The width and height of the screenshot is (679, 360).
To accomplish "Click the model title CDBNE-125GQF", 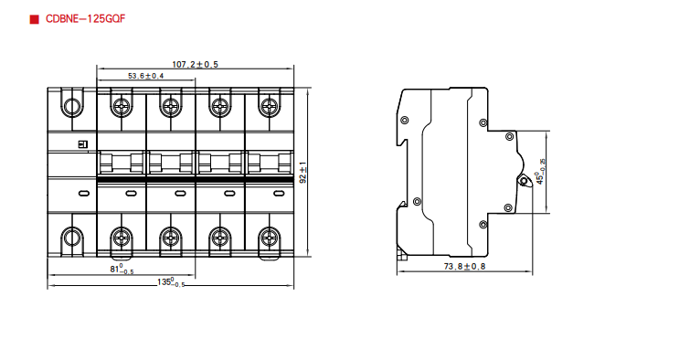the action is pyautogui.click(x=85, y=19).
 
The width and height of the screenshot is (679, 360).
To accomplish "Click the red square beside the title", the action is pyautogui.click(x=34, y=19).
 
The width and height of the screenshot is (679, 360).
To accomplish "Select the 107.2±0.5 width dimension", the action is pyautogui.click(x=195, y=65).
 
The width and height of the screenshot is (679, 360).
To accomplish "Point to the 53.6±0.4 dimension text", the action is pyautogui.click(x=146, y=76).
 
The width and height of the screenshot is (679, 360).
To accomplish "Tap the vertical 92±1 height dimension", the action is pyautogui.click(x=303, y=173).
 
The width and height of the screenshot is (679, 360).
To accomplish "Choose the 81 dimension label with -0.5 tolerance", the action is pyautogui.click(x=122, y=269).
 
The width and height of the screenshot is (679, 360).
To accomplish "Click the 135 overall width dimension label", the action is pyautogui.click(x=171, y=282).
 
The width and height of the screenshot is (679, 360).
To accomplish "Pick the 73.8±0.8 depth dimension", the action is pyautogui.click(x=464, y=267).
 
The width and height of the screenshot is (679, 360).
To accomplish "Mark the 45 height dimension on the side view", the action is pyautogui.click(x=540, y=172).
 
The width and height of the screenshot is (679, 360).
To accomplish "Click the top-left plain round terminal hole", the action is pyautogui.click(x=72, y=106).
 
